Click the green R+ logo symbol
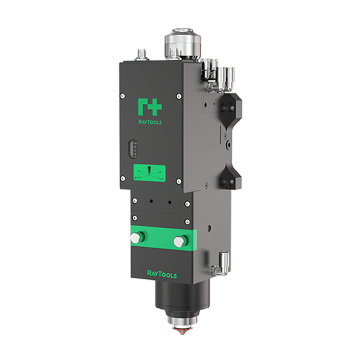tap(150, 107)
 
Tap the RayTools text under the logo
tap(150, 122)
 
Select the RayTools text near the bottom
tap(162, 274)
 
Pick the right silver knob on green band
tap(180, 242)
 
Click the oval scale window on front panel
tap(132, 148)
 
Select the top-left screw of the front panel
tap(123, 96)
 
